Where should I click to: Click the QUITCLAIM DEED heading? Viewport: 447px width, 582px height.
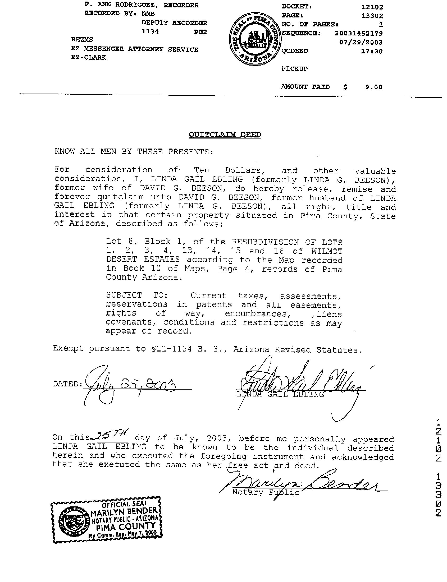click(225, 135)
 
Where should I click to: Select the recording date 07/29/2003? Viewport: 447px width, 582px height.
click(361, 43)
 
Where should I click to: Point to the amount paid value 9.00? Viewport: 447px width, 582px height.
click(373, 87)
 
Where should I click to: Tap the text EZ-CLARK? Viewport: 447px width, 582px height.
click(88, 57)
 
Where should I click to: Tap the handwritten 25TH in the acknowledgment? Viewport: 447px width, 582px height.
click(110, 435)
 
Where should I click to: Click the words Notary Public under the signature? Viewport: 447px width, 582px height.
click(266, 492)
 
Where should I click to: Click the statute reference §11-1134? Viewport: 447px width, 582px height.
click(171, 349)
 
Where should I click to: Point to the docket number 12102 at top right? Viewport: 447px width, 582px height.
click(372, 7)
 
